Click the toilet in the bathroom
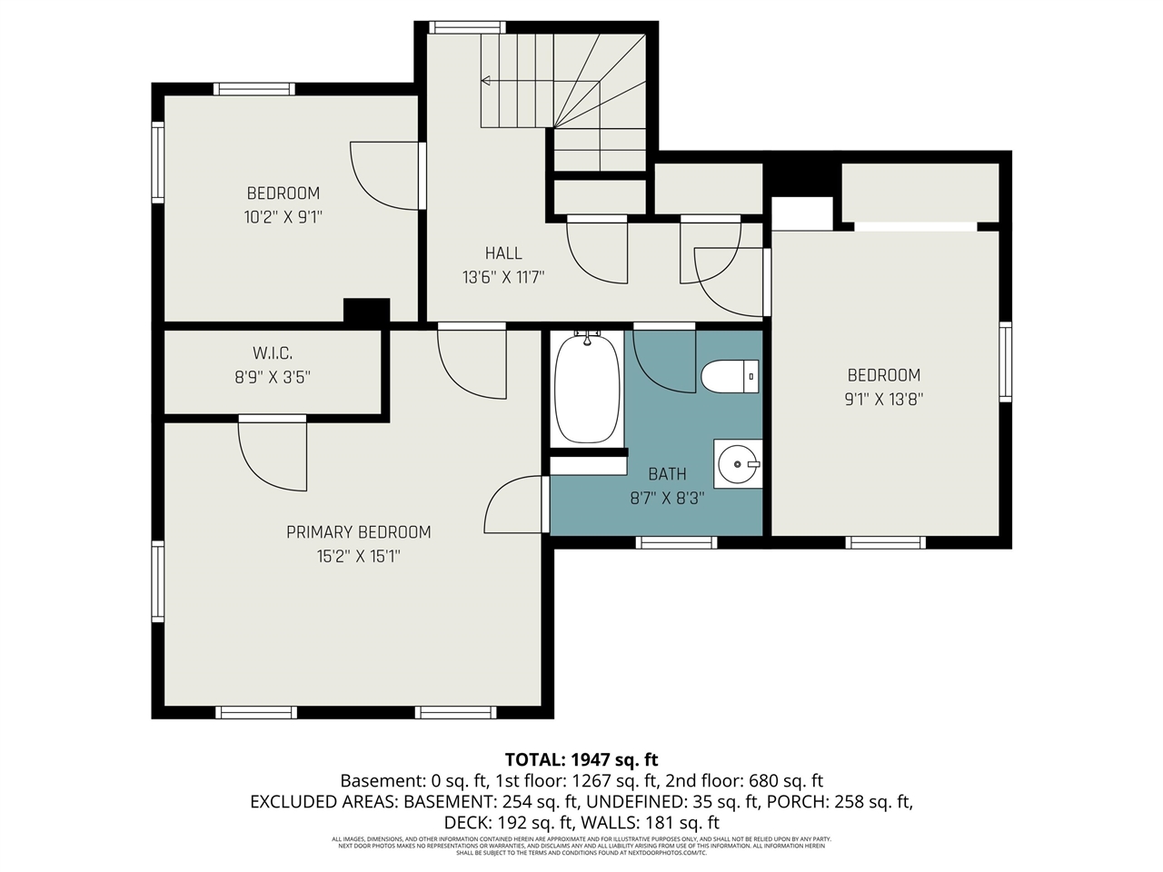[x=730, y=376]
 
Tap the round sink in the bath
[x=737, y=464]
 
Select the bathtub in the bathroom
[x=588, y=389]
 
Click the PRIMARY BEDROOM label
[x=358, y=532]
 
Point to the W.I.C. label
[x=273, y=353]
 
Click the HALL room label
[x=503, y=253]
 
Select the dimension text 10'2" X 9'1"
[x=283, y=217]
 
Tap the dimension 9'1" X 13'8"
[x=884, y=398]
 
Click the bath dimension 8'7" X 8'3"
[x=667, y=498]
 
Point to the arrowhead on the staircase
[x=486, y=81]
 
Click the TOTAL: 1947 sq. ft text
[x=581, y=759]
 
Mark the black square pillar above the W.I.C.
[x=367, y=310]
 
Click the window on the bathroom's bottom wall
[x=676, y=542]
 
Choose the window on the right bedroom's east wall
[x=1005, y=362]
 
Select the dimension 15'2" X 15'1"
[x=358, y=556]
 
